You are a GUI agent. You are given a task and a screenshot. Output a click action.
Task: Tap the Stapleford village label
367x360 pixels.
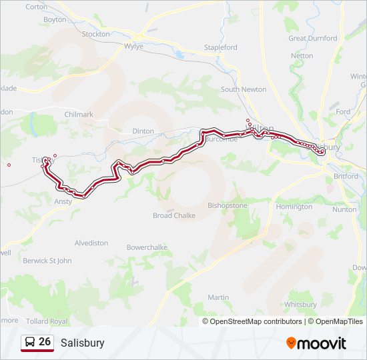[220, 47]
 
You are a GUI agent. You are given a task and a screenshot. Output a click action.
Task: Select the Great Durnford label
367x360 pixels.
[312, 38]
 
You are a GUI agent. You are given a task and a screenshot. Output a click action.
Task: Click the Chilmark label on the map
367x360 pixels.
[79, 115]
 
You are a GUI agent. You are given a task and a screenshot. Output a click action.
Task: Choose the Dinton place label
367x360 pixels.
[143, 131]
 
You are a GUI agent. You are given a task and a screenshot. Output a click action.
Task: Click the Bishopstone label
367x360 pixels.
[228, 205]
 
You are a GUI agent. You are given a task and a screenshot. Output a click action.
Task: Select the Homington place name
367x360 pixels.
[294, 207]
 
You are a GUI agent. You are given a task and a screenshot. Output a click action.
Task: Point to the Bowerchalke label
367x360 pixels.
[147, 247]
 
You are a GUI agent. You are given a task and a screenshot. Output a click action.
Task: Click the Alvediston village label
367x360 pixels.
[91, 243]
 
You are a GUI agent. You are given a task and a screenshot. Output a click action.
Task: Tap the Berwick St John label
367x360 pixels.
[47, 261]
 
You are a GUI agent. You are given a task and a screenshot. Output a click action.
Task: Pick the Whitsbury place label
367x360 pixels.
[300, 304]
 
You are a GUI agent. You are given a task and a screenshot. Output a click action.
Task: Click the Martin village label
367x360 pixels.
[218, 297]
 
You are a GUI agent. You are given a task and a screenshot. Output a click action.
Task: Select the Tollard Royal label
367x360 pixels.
[49, 321]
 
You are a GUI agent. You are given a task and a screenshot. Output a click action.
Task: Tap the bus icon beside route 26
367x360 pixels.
[30, 342]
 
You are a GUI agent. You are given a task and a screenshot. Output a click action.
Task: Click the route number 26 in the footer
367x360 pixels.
[45, 341]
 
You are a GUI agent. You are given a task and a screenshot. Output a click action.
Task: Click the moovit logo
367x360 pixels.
[316, 343]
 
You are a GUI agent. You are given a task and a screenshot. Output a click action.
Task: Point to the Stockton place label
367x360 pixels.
[95, 33]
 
